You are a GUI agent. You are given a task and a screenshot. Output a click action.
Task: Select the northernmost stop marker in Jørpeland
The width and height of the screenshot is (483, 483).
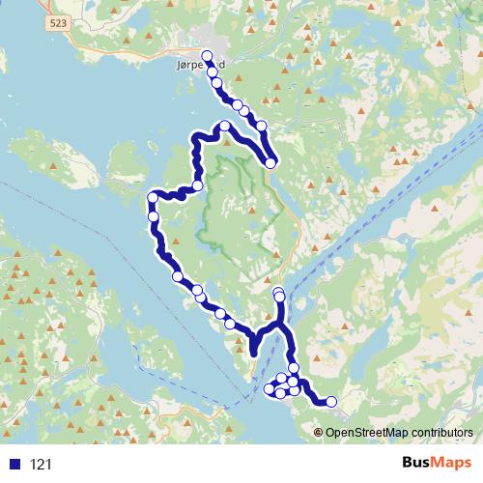point(207,55)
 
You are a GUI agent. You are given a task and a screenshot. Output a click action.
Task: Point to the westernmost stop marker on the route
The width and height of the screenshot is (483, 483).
point(152,198)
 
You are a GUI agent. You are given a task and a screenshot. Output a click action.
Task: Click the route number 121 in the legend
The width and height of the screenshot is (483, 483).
point(42,465)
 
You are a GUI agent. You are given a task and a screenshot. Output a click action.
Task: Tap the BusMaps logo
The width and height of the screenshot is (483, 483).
point(436,463)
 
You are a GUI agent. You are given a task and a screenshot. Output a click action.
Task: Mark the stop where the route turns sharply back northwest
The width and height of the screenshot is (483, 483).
point(271,163)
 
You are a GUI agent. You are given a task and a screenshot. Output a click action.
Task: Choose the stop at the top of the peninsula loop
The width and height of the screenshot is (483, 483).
point(225,127)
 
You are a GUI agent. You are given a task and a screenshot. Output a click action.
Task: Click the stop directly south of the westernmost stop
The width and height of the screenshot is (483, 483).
point(154,216)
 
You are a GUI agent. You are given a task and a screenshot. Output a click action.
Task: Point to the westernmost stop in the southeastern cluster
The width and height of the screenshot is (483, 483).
point(270,389)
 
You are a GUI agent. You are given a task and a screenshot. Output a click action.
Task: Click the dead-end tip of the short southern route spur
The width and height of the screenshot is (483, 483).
point(254,355)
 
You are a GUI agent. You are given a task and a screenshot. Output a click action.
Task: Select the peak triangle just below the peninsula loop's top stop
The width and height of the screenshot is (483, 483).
point(227,142)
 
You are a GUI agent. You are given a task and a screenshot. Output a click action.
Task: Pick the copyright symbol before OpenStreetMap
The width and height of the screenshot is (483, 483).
point(320,432)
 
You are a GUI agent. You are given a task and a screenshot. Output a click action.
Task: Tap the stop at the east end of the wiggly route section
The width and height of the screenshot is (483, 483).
point(197,185)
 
